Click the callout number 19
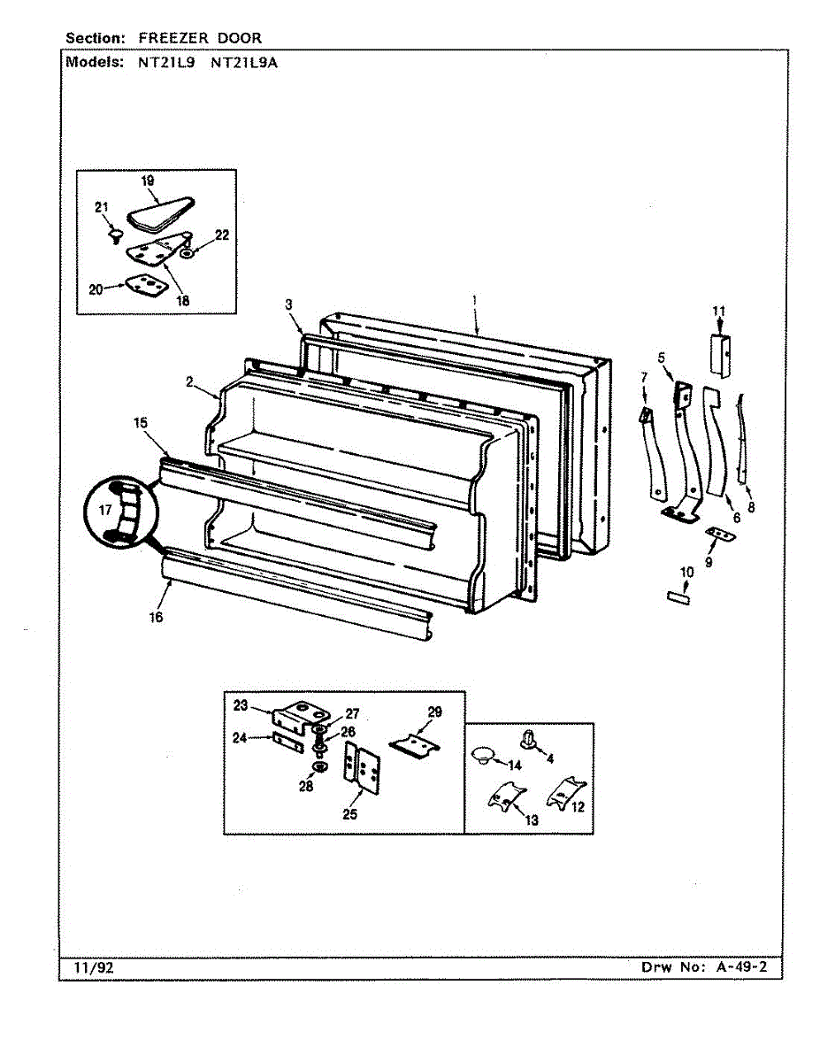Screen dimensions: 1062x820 pyautogui.click(x=148, y=181)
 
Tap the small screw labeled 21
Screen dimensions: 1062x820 pyautogui.click(x=113, y=235)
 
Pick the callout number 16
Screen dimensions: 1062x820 pyautogui.click(x=156, y=618)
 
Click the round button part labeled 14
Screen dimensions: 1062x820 pyautogui.click(x=481, y=754)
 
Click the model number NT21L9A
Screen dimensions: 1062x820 pyautogui.click(x=245, y=63)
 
